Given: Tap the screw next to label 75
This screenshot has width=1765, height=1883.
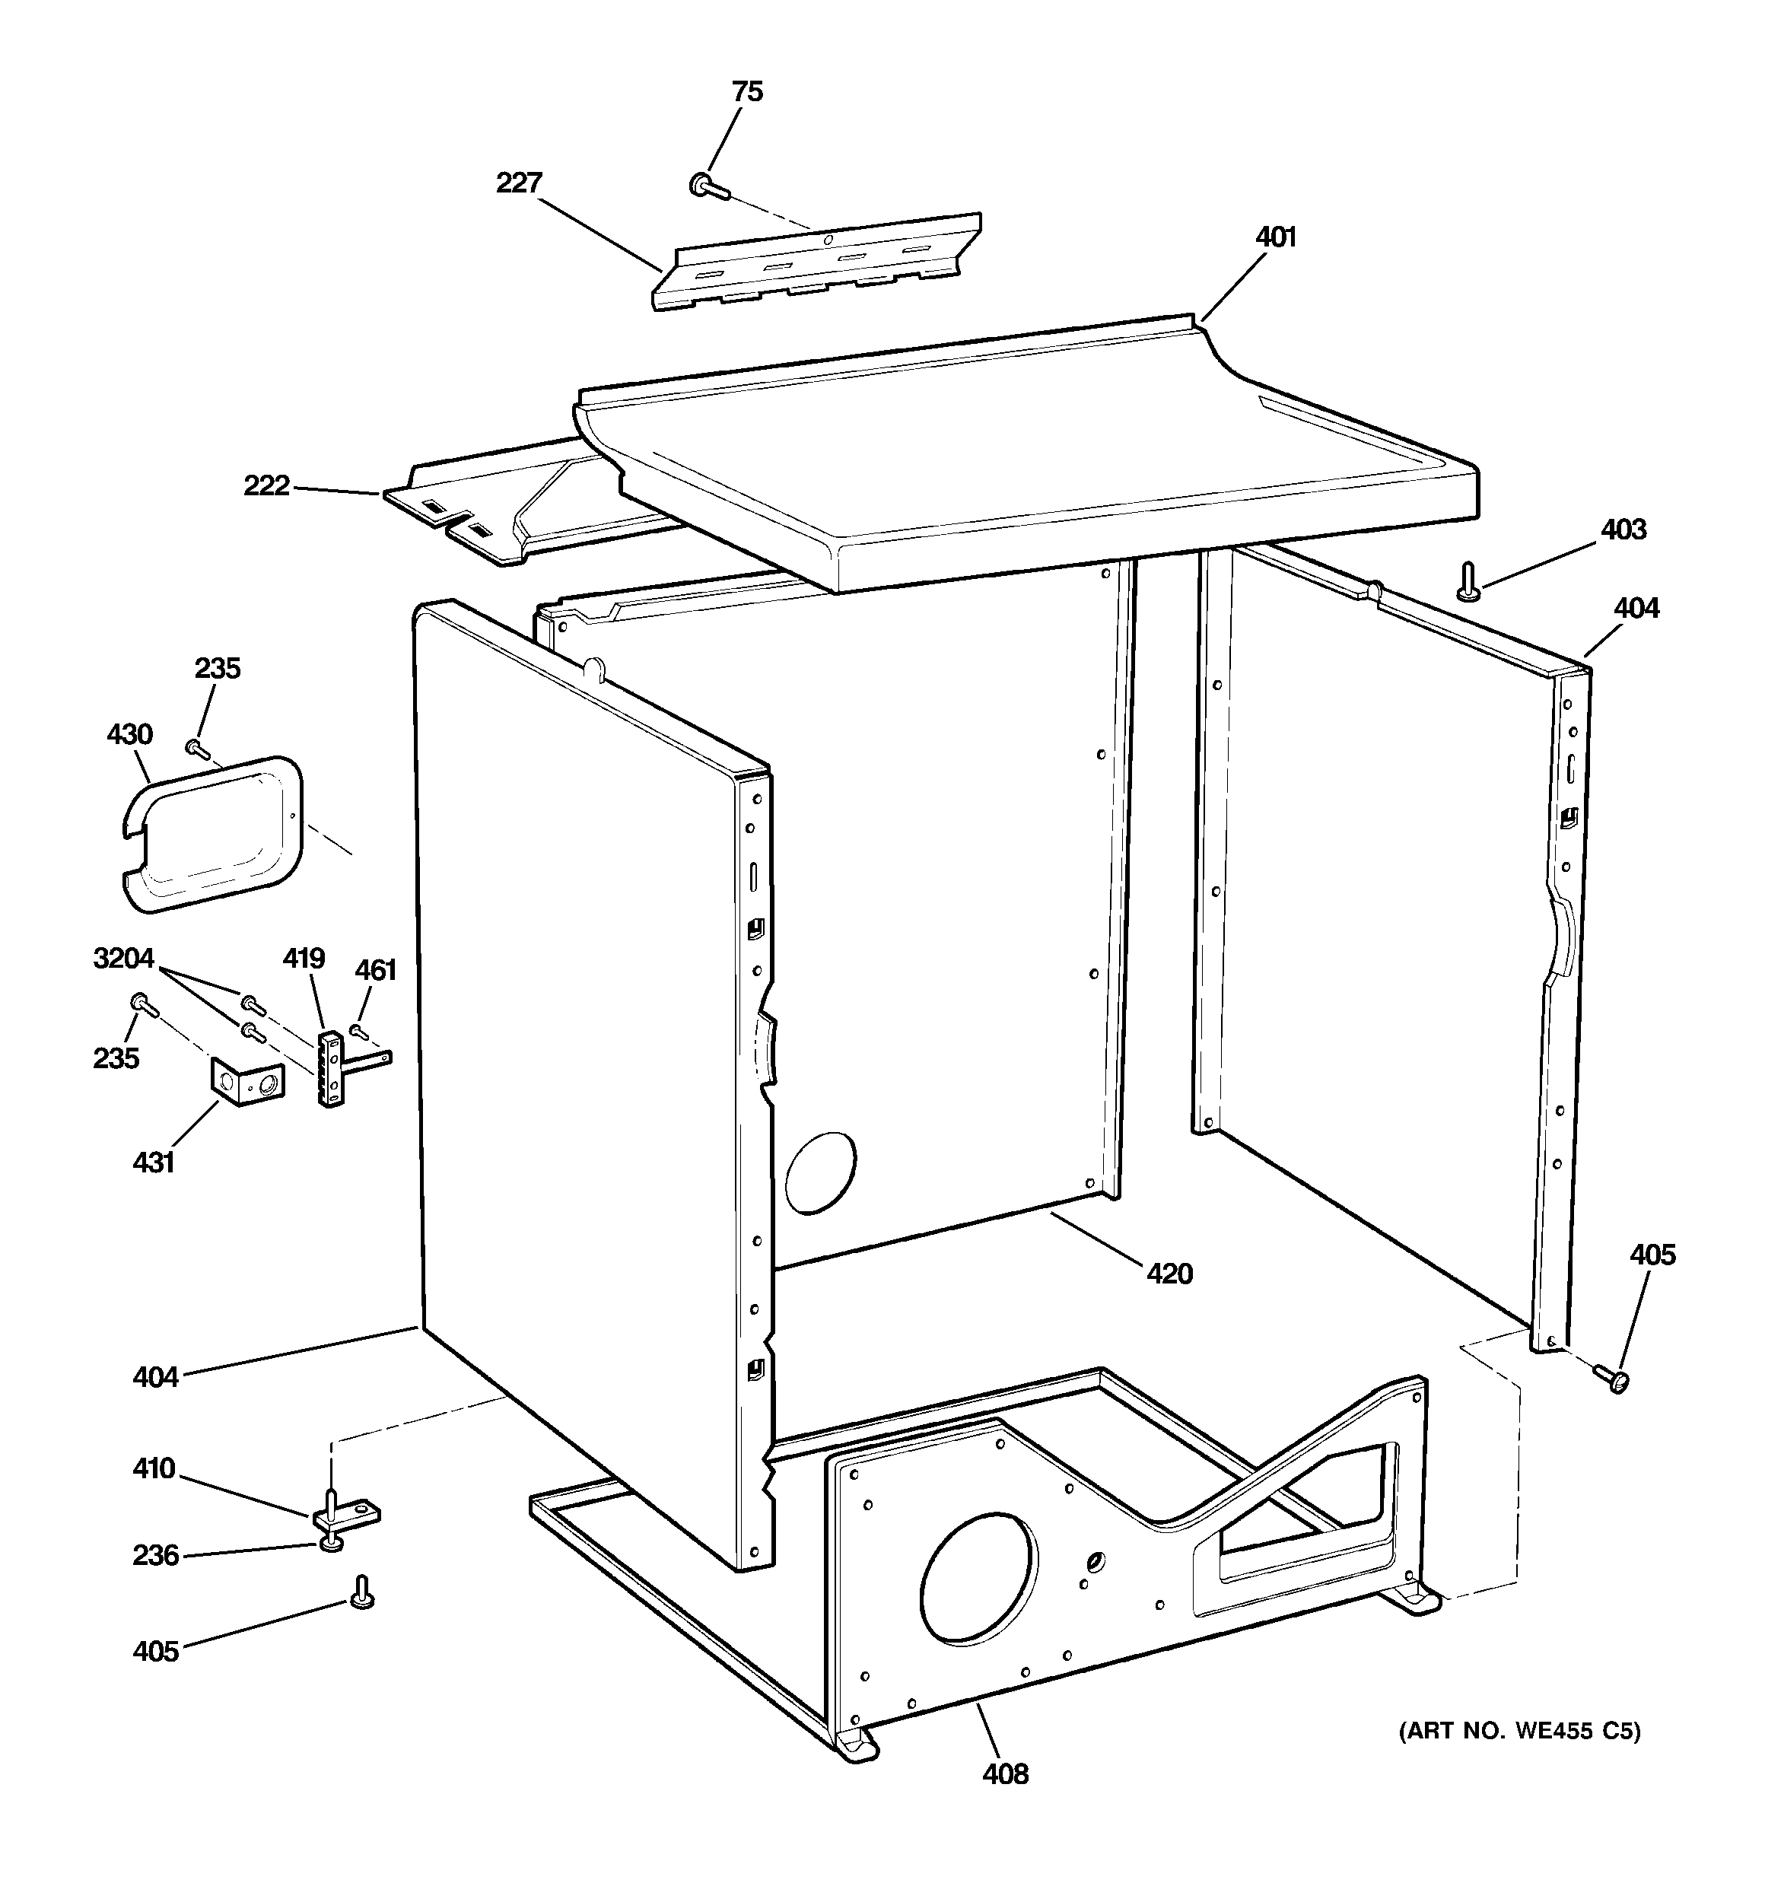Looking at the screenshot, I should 708,186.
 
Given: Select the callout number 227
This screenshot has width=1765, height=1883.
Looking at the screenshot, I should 518,183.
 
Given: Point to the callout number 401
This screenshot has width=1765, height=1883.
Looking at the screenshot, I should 1275,237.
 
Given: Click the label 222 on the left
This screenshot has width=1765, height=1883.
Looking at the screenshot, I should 266,486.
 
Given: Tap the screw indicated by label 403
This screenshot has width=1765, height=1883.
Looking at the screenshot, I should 1468,581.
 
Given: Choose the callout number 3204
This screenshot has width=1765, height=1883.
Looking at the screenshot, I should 123,959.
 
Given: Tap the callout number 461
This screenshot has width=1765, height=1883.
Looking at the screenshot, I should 375,970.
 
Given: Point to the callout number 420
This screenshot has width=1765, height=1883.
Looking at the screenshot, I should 1169,1274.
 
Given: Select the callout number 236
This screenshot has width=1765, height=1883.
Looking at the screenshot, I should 155,1555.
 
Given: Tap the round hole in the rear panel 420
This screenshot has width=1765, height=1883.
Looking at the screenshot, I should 820,1172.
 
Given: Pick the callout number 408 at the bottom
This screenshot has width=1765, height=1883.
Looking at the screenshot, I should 1004,1773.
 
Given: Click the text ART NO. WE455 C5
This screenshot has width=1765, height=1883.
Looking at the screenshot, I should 1519,1731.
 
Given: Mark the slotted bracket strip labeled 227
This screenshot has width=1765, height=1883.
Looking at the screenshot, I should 815,262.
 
